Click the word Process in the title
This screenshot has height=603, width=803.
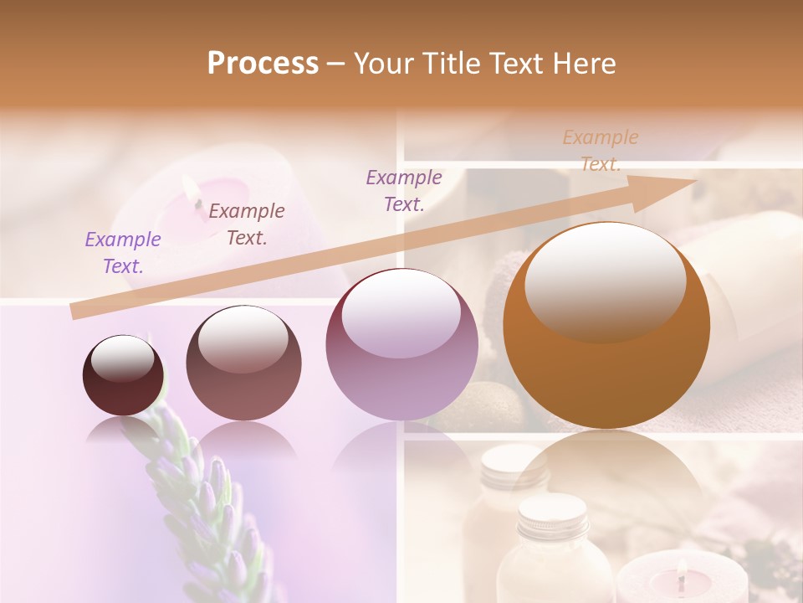pyautogui.click(x=263, y=63)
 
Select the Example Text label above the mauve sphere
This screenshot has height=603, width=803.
pyautogui.click(x=404, y=191)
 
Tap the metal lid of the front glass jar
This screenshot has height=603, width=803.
pyautogui.click(x=552, y=511)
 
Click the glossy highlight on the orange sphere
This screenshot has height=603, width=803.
pyautogui.click(x=605, y=281)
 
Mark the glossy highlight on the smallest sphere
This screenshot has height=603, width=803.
pyautogui.click(x=122, y=358)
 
